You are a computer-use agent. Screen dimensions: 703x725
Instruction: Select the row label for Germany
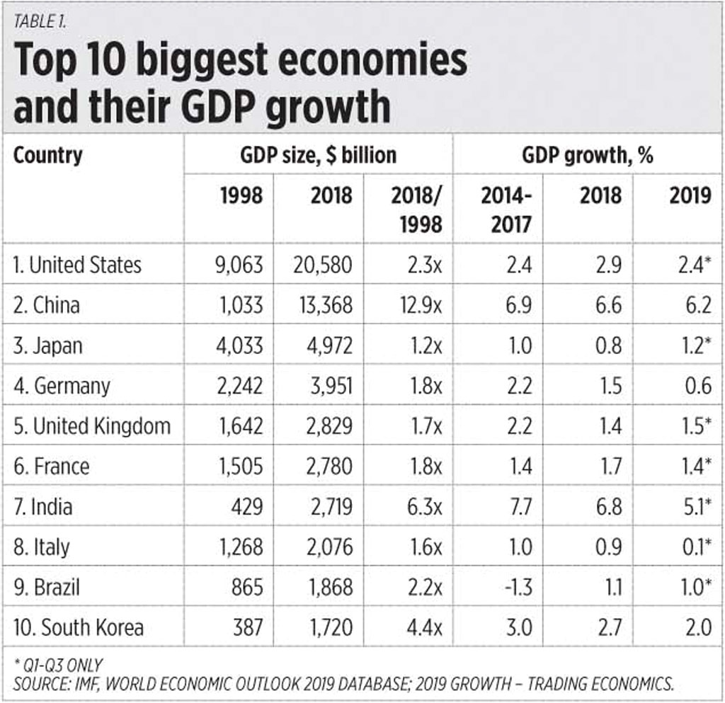(62, 386)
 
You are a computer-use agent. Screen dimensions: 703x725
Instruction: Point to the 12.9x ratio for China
(418, 305)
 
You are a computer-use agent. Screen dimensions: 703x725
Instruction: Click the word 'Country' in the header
(47, 155)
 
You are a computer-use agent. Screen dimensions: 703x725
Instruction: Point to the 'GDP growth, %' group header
(587, 155)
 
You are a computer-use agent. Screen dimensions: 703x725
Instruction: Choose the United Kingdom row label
(92, 426)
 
